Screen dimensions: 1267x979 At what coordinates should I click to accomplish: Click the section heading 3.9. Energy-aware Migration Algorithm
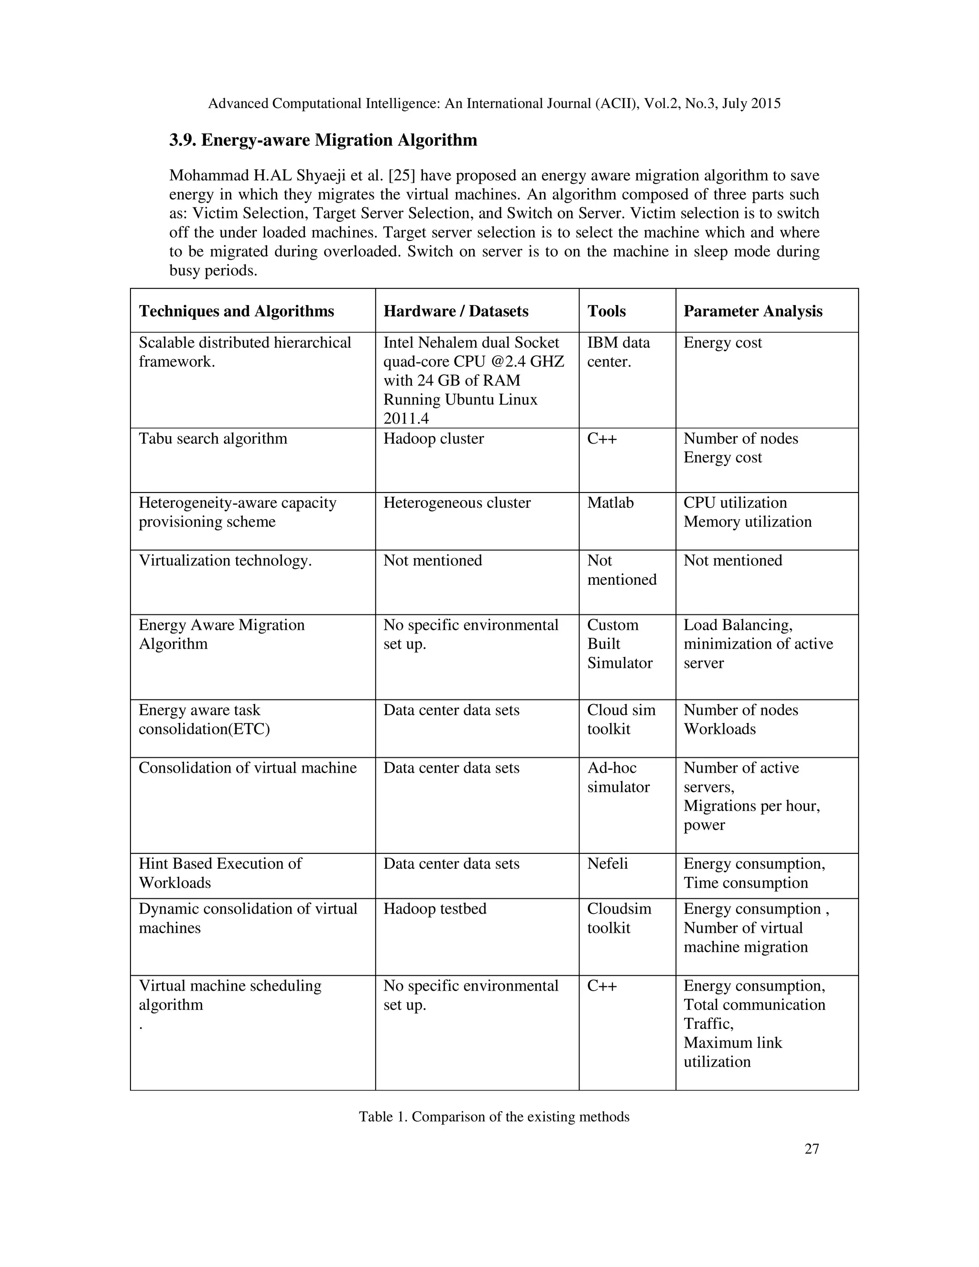coord(323,141)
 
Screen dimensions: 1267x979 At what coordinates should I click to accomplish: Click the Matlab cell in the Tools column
coord(610,502)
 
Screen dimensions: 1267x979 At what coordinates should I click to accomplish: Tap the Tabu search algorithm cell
coord(213,438)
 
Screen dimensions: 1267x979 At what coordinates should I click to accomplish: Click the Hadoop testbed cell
coord(435,908)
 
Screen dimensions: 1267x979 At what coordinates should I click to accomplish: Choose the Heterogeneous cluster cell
coord(457,502)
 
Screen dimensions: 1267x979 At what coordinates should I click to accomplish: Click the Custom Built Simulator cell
coord(619,644)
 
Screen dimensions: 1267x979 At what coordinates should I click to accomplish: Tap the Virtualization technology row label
coord(225,560)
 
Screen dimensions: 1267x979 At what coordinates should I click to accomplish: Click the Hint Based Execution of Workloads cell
coord(220,873)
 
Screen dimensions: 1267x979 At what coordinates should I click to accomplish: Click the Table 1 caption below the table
coord(493,1117)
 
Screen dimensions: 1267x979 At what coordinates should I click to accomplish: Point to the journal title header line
coord(493,104)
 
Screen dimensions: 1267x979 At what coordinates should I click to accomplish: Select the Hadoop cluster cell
coord(433,438)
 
